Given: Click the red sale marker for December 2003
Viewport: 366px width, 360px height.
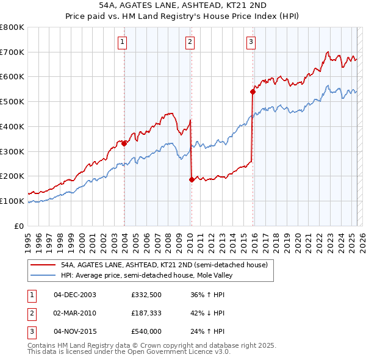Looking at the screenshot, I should [124, 143].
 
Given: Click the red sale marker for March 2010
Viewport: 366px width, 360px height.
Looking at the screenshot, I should [192, 179].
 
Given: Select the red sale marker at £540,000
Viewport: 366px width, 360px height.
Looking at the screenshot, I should [253, 92].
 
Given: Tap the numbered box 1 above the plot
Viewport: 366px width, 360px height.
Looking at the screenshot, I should [123, 42].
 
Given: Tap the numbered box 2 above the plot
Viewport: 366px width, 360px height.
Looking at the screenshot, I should [190, 42].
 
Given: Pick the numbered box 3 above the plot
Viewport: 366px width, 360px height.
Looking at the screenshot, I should [251, 42].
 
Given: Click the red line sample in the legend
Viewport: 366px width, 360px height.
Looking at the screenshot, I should [43, 265].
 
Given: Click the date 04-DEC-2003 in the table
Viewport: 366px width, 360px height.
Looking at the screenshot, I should [75, 295].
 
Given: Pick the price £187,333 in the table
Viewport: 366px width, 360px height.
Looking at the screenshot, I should [146, 313].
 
